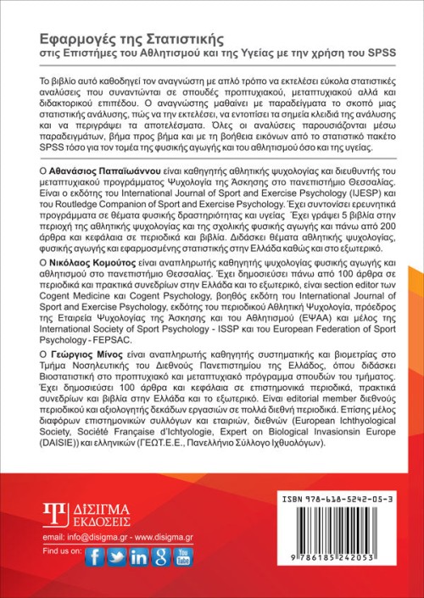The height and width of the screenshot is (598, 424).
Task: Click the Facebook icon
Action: click(x=95, y=556)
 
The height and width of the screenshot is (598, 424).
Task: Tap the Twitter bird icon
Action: click(x=117, y=556)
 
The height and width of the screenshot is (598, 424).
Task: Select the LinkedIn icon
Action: click(x=139, y=556)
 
